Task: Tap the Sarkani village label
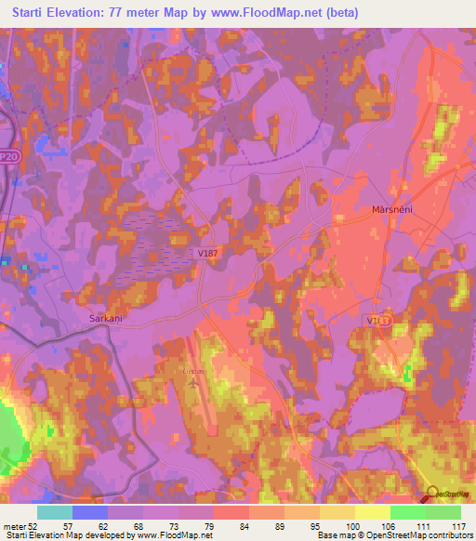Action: point(105,318)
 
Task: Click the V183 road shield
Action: point(377,319)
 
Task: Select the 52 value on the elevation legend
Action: point(33,525)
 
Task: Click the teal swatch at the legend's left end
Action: point(55,512)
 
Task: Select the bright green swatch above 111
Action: point(408,512)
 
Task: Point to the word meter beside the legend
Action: point(13,525)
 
